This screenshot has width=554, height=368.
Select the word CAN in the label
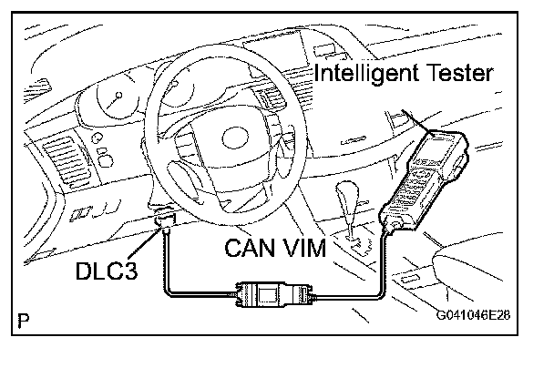click(252, 249)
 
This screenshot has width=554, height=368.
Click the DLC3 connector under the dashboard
click(164, 221)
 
